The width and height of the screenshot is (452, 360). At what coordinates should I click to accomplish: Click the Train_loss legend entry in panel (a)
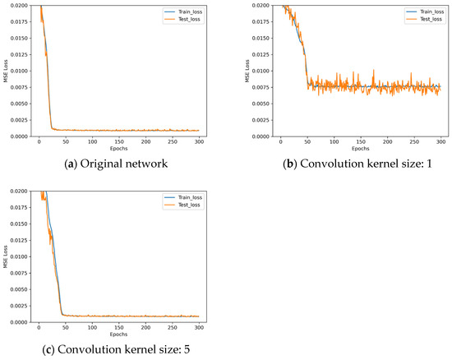[183, 12]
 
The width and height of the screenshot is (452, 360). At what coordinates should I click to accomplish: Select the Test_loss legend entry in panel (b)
[425, 19]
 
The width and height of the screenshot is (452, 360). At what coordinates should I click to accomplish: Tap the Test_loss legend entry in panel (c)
[182, 205]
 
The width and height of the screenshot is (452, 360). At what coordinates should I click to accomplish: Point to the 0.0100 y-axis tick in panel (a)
[20, 71]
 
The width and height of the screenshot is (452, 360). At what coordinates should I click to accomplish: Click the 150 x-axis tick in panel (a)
[119, 142]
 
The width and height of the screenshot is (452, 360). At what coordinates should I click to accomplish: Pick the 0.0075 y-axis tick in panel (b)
[261, 87]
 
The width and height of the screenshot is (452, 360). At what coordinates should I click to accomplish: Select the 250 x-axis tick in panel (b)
[414, 142]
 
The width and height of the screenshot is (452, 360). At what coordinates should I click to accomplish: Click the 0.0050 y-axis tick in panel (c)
[20, 289]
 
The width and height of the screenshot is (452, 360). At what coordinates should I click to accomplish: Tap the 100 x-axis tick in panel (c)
[92, 328]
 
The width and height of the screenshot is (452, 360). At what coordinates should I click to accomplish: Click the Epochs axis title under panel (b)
[360, 149]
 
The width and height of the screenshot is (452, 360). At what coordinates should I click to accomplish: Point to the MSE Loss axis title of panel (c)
[6, 256]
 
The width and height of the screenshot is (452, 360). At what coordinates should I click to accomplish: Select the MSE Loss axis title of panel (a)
[6, 71]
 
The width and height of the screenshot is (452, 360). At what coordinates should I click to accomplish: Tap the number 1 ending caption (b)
[429, 164]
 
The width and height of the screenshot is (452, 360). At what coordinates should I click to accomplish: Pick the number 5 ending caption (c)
[187, 349]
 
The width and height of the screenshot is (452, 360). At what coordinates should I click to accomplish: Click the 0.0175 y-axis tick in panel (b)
[261, 21]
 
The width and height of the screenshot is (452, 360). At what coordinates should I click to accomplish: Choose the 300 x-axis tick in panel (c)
[199, 328]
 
